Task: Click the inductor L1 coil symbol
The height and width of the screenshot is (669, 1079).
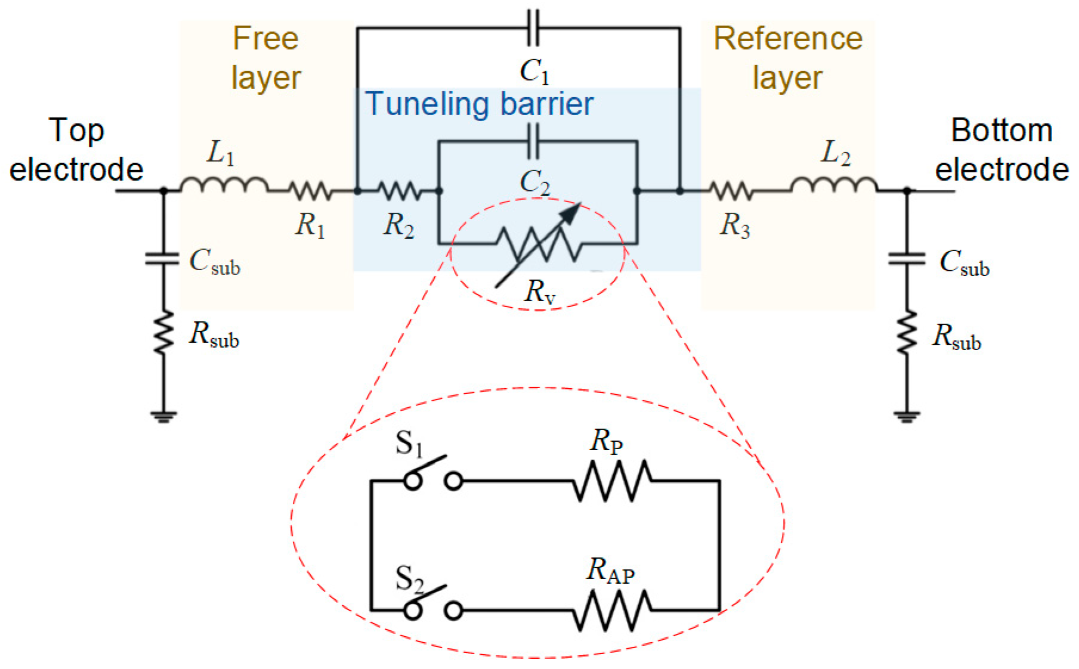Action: [224, 184]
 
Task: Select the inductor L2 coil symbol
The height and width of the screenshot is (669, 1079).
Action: [833, 184]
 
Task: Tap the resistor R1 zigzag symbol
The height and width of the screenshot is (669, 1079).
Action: [311, 191]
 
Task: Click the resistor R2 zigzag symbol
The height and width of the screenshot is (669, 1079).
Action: [400, 191]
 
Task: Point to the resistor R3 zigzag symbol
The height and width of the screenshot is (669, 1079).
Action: [732, 191]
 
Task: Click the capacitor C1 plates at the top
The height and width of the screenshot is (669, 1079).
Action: [533, 27]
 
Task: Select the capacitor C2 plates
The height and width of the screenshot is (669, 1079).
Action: [533, 141]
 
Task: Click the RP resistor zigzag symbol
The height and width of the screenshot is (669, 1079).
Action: [612, 480]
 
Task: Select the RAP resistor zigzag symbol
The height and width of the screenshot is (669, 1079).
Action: [612, 610]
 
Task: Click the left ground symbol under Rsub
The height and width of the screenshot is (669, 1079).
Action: [163, 416]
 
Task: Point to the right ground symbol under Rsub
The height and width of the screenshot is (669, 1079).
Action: [907, 416]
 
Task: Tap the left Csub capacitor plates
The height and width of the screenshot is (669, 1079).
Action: [163, 259]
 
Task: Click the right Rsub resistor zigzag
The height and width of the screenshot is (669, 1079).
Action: [907, 332]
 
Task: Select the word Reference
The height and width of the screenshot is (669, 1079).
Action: [788, 39]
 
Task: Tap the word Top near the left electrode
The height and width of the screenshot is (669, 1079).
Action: [76, 131]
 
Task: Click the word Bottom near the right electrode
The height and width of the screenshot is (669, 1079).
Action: [1001, 130]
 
